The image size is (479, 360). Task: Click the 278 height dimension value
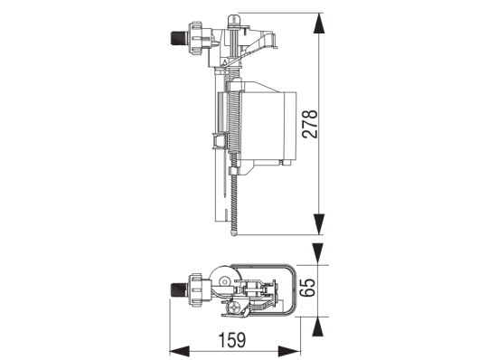[x=310, y=124]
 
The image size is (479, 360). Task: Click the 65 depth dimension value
[x=307, y=288]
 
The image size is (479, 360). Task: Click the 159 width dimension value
[x=232, y=340]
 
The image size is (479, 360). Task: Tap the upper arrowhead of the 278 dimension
[x=319, y=23]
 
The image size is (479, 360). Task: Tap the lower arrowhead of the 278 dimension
[x=319, y=224]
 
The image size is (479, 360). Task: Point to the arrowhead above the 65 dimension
[x=318, y=253]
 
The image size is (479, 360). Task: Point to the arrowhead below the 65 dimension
[x=318, y=327]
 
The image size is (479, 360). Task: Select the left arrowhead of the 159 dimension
[x=180, y=351]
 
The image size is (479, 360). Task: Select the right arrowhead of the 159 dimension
[x=289, y=351]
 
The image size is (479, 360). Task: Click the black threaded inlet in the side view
[x=176, y=38]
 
